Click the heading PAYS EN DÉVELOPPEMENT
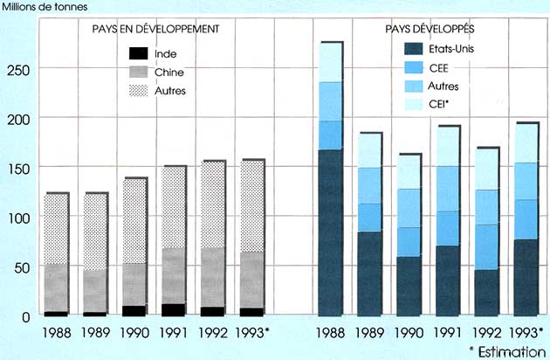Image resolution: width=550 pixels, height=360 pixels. [155, 29]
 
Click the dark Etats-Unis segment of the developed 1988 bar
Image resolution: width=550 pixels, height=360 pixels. [330, 232]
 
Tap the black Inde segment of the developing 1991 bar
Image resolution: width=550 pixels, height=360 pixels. [174, 309]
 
